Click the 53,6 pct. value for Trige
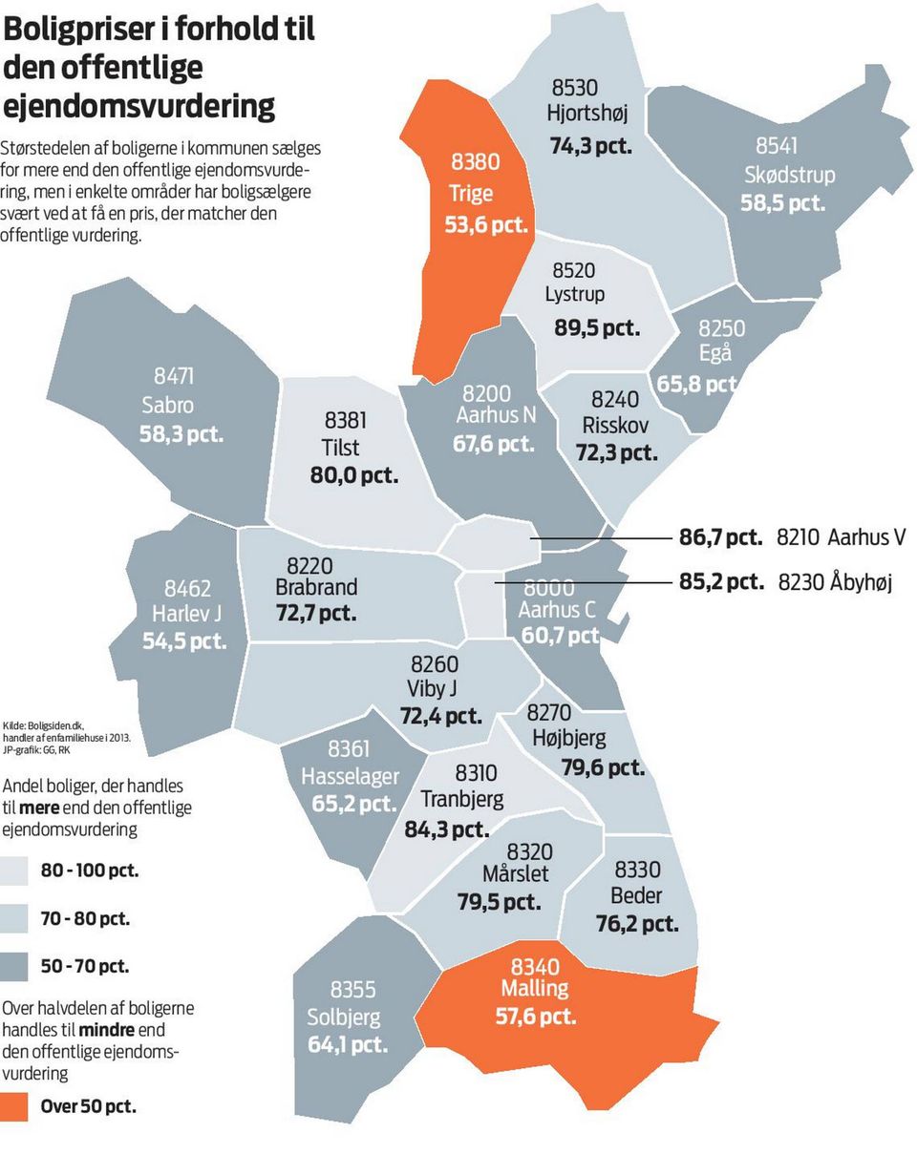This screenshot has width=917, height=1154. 485,226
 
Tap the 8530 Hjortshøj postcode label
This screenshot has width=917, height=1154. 575,88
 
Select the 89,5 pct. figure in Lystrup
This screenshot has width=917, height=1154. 597,327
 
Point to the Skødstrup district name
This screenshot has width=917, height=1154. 789,175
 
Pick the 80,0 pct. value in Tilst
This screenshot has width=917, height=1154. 353,474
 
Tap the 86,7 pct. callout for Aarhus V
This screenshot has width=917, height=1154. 720,537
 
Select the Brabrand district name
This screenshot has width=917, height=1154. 316,586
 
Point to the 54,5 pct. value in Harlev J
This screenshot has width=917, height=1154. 185,640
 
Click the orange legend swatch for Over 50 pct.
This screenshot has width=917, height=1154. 14,1107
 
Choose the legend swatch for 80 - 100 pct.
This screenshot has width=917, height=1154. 14,871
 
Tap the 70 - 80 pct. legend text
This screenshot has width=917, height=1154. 85,918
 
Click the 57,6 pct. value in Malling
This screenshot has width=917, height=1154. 536,1016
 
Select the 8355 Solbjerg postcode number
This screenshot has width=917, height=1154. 353,990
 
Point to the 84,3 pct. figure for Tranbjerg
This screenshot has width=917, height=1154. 447,829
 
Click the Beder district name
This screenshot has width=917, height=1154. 636,895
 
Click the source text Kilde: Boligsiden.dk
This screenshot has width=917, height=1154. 44,725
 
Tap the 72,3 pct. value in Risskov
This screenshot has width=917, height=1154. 616,452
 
